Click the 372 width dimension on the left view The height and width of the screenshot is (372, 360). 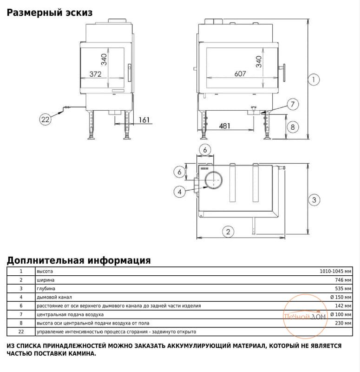point(95,74)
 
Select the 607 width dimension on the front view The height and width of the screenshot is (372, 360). point(240,74)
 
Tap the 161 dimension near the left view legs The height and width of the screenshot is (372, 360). point(144,120)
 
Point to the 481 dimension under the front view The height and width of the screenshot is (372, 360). point(225,126)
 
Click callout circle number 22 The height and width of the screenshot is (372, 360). point(45,120)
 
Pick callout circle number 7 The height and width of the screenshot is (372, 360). point(292,105)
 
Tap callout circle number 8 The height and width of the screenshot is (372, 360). point(292,126)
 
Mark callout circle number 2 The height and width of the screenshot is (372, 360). point(227,231)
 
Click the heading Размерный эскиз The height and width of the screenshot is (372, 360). point(49,13)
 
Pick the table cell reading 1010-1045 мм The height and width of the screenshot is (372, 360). point(335,272)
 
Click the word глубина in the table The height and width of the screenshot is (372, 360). point(46,289)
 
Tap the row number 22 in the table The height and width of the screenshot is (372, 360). point(20,332)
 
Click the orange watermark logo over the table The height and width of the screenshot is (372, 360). point(306,318)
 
